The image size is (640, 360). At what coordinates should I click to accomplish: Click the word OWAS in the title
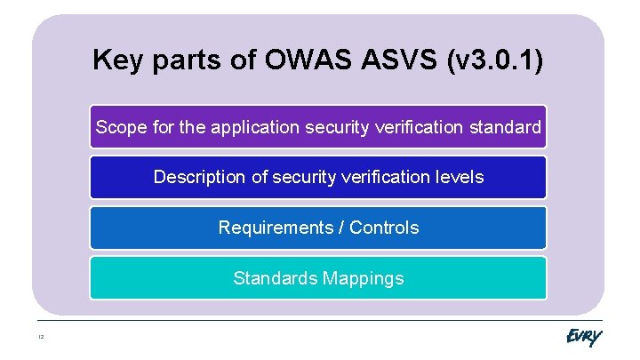point(300,60)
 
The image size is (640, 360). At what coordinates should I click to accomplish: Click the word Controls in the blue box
point(384,228)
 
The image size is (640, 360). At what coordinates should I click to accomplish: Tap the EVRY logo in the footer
point(583,338)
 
